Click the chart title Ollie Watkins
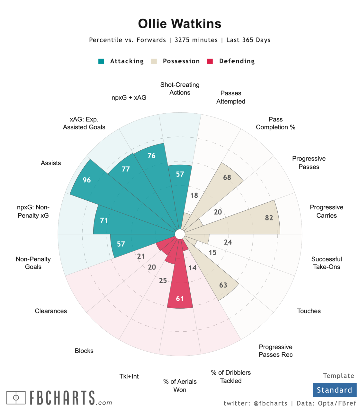[180, 24]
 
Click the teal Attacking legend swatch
[101, 61]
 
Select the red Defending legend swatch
[210, 61]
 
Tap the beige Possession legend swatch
[154, 61]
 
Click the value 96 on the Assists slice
[87, 180]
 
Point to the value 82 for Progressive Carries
[269, 218]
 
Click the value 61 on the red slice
[180, 299]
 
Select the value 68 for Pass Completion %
[227, 178]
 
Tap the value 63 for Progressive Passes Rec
[223, 285]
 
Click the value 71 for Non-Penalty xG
[104, 220]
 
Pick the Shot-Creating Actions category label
[180, 89]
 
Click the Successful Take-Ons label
[326, 263]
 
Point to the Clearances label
[51, 311]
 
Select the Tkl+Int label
[129, 376]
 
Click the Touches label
[309, 311]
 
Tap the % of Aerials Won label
[180, 386]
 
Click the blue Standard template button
[335, 390]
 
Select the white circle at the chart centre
[180, 234]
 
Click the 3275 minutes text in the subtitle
[196, 40]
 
